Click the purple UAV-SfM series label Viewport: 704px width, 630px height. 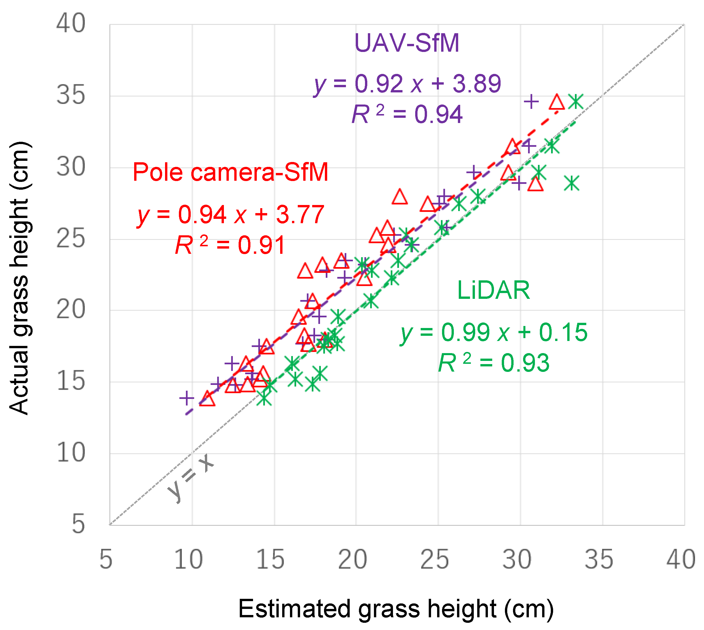pos(407,43)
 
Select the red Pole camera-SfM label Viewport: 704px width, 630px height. pos(231,172)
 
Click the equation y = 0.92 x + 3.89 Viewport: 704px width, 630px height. pos(407,84)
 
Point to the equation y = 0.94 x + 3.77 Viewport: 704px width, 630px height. pos(231,215)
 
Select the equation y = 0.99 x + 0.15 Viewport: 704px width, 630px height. pos(494,332)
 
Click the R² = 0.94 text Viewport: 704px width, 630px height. pos(407,114)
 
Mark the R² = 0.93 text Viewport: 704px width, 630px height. pos(494,363)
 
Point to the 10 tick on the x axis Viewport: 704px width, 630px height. pos(188,560)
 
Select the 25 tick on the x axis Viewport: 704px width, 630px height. pos(435,560)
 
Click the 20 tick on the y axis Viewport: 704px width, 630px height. pos(71,310)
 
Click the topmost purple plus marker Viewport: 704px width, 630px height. pos(531,101)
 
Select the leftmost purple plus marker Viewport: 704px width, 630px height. pos(186,398)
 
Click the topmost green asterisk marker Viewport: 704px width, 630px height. pos(576,101)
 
